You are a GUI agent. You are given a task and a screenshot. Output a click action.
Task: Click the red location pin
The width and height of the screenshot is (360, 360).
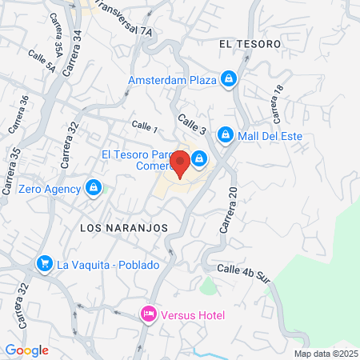[x=181, y=163]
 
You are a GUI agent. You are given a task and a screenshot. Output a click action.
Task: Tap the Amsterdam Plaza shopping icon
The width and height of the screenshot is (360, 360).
[x=230, y=79]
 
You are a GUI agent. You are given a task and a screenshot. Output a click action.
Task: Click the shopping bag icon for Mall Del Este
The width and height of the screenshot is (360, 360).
[x=226, y=135]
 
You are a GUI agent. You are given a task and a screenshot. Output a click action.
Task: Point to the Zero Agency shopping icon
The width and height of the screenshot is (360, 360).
[x=94, y=189]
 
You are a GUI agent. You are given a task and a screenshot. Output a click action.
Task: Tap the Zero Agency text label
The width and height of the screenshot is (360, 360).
[x=49, y=189]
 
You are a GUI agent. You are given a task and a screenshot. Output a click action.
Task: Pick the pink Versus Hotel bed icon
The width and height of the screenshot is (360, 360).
[x=148, y=314]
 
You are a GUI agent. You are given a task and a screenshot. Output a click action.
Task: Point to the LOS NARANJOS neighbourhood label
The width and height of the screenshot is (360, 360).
[x=124, y=227]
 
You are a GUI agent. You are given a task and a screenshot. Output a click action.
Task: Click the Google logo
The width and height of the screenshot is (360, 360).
[x=26, y=350]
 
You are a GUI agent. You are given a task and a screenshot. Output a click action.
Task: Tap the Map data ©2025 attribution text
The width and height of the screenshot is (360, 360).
[x=325, y=353]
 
